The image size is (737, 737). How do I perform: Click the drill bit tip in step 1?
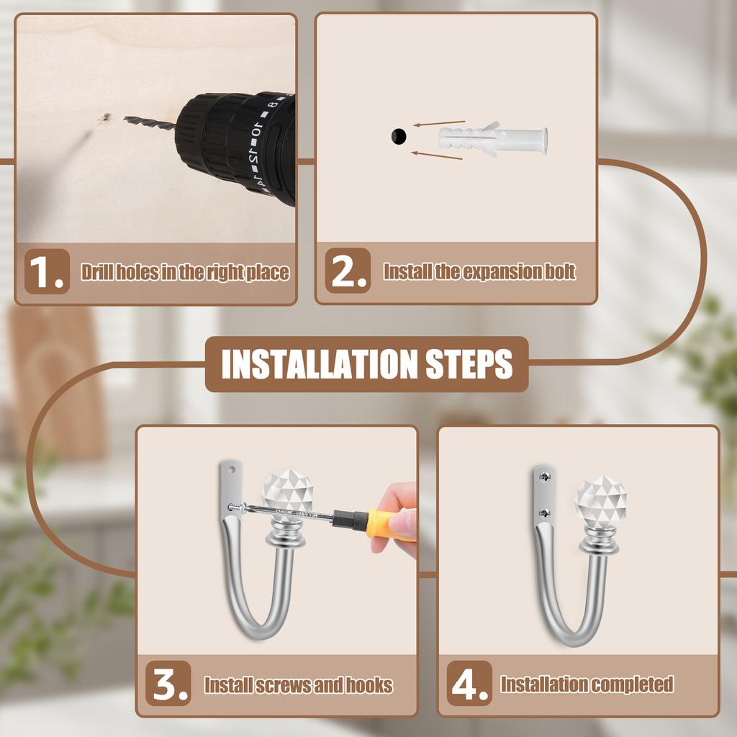coord(127,119)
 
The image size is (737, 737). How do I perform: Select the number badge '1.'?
coord(48,272)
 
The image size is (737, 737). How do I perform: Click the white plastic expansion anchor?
coord(493,139)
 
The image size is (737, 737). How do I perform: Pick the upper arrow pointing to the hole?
coord(439,123)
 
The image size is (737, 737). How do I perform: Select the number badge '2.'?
coord(348,271)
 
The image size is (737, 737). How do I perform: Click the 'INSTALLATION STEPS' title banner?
coord(367,364)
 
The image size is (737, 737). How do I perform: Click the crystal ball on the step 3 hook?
coord(285,492)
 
